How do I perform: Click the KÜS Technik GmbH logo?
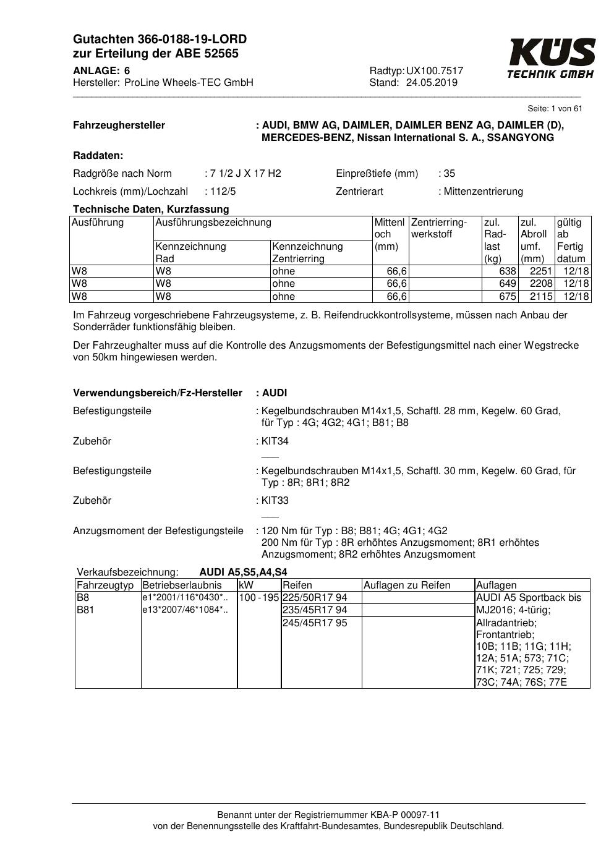coord(551,59)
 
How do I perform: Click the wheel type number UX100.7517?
coord(435,71)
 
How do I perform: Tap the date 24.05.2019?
coord(432,83)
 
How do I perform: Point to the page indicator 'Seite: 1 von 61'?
coord(555,109)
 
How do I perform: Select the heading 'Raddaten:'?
coord(98,156)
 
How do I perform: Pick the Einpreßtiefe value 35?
coord(449,174)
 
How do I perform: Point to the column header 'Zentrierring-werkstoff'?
coord(439,228)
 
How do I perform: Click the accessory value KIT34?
coord(275,441)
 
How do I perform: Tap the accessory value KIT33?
coord(275,501)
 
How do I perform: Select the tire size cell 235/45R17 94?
coord(315,610)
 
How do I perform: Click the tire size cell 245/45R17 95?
coord(315,623)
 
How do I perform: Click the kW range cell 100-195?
coord(259,598)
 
